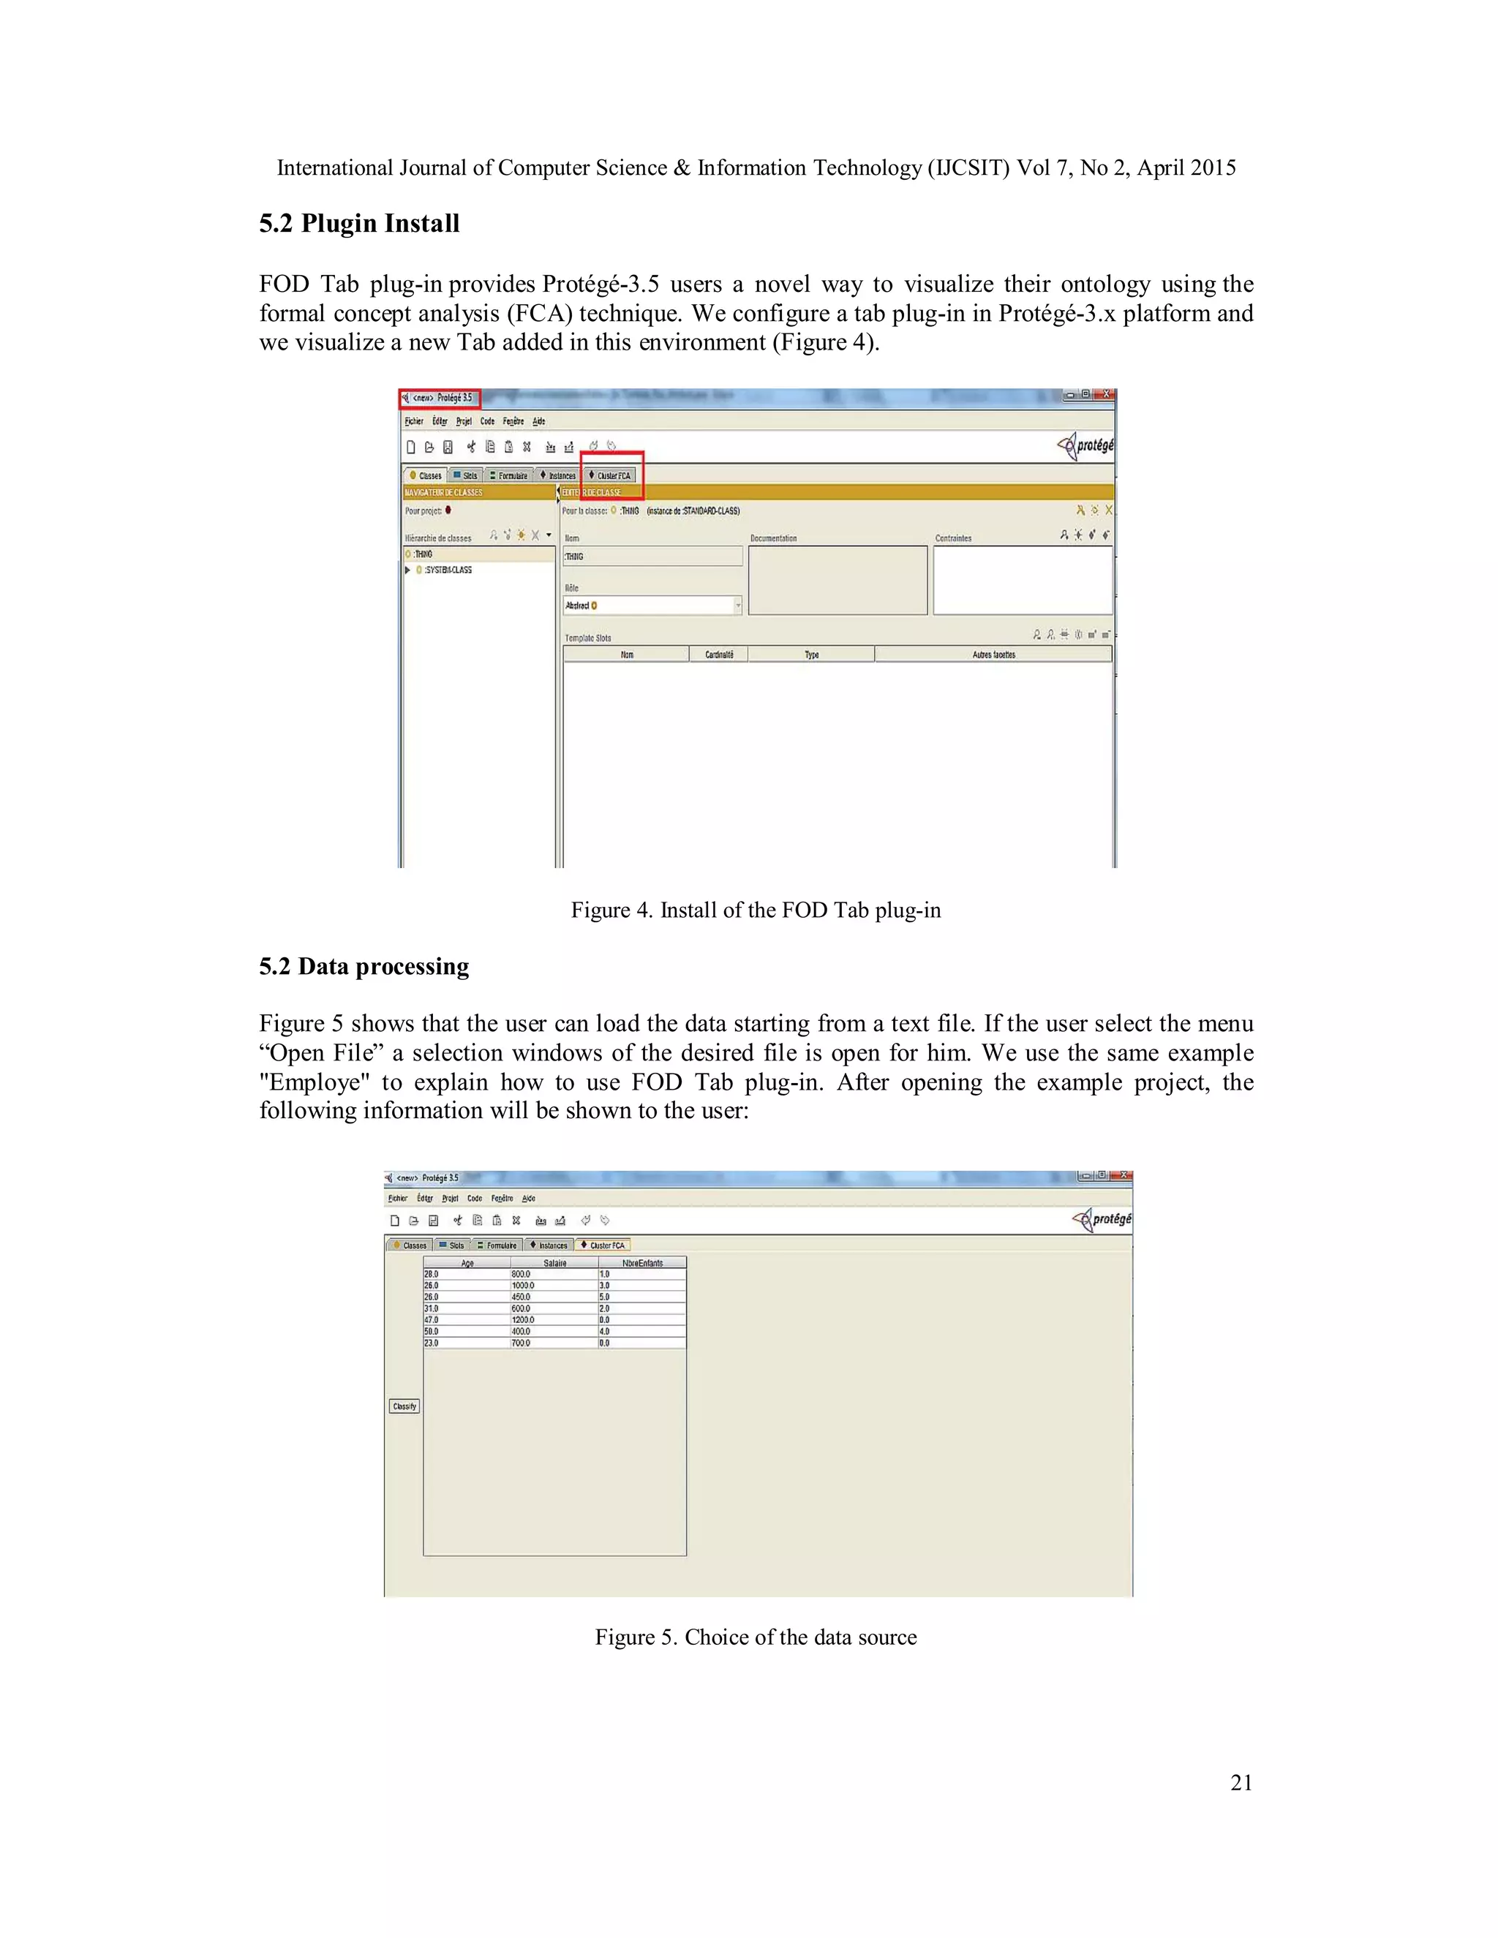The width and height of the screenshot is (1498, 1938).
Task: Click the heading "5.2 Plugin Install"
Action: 358,224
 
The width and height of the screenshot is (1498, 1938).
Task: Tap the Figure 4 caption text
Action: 755,910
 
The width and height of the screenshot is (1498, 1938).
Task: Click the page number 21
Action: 1241,1783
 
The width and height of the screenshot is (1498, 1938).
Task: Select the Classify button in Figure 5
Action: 404,1406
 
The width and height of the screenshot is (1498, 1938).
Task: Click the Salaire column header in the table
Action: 554,1263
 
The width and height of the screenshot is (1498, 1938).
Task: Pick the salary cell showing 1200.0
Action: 524,1319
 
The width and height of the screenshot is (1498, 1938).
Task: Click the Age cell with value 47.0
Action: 432,1319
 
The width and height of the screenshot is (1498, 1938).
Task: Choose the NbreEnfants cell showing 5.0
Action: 604,1297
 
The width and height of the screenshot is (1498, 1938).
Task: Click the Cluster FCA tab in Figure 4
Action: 611,475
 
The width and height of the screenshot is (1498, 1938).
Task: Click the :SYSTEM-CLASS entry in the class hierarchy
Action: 447,570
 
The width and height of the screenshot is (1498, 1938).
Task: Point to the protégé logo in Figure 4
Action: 1086,445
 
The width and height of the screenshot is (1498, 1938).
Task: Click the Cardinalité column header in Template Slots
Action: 719,655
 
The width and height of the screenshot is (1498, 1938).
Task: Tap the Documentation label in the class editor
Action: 773,538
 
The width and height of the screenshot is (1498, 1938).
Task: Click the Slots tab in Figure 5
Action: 453,1245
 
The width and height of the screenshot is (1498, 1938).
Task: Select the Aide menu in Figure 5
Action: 529,1198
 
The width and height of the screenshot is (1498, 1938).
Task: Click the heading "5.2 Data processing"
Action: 364,966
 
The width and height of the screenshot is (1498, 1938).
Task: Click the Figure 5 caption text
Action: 755,1637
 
